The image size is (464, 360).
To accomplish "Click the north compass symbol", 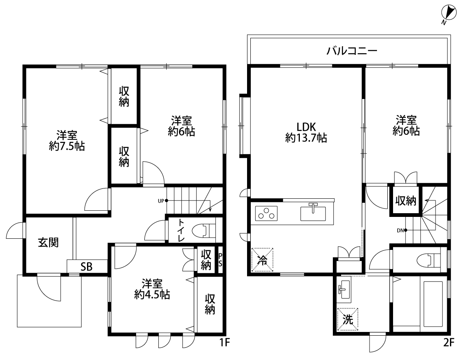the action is pos(449,14).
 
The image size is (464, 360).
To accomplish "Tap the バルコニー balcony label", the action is pos(352,51).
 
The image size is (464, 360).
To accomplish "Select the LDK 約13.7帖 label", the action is pos(306,132).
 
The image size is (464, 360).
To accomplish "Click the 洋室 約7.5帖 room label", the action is pos(67,141).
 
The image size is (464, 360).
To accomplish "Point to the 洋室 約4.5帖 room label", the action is pos(152,289).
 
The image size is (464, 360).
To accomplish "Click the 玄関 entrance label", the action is pos(48,242).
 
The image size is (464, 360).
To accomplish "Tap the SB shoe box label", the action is pos(87,267).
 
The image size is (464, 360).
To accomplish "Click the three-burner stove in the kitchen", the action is pos(266,213).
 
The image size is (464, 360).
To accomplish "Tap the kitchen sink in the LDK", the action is pos(313,212).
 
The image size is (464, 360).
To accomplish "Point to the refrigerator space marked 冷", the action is pos(262,260).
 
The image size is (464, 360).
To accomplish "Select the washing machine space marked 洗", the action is pos(348,320).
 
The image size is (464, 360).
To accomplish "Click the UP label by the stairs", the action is pos(161,201).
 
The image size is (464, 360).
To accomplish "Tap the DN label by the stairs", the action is pos(400,231).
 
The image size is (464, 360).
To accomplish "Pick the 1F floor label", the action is pos(224,342).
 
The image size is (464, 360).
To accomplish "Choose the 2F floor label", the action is pos(448,342).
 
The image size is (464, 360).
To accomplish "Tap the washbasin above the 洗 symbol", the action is pos(344,290).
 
